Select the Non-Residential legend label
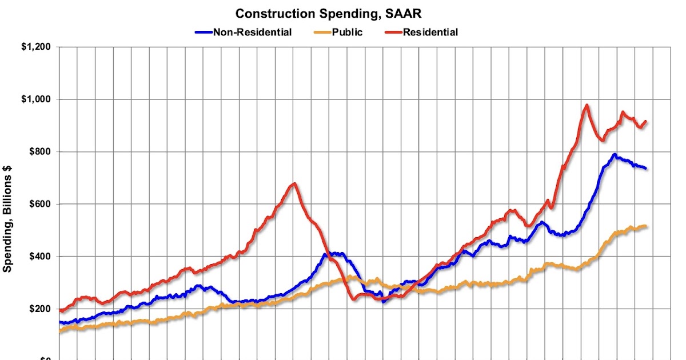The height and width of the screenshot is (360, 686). pos(252,32)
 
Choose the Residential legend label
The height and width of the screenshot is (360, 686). pos(430,32)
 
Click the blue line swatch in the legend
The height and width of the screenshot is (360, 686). pos(203,32)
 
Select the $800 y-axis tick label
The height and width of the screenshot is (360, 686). pos(39,151)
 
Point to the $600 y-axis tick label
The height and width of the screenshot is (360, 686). pos(39,204)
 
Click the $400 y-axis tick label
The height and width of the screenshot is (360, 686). pos(39,257)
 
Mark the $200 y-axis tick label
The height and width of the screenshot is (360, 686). pos(39,309)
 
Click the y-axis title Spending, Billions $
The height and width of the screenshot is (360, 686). pos(8,219)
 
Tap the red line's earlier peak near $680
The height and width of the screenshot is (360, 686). pos(294,183)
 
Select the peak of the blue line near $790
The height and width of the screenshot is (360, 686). pos(615,154)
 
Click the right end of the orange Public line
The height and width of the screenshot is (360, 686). pos(645,226)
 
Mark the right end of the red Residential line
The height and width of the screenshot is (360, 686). pos(645,121)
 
